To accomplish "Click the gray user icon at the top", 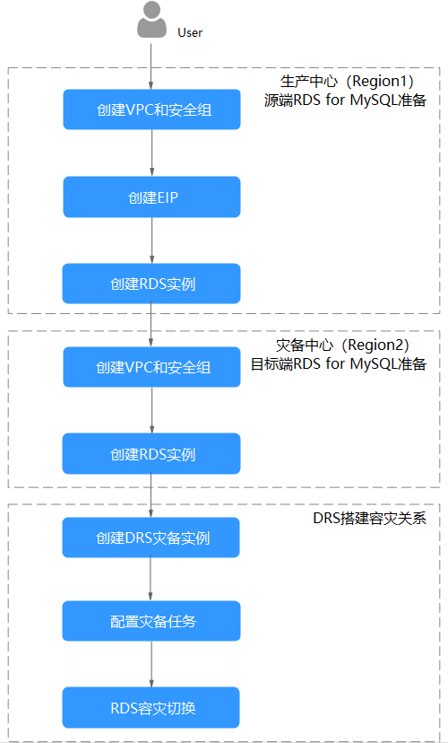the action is (x=151, y=20).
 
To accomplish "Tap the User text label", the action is (x=190, y=32).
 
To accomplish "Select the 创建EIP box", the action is (x=151, y=197).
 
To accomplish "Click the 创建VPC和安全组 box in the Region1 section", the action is (x=151, y=109).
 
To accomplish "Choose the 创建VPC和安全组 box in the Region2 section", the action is (x=151, y=367).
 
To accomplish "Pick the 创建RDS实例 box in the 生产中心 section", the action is (x=151, y=284).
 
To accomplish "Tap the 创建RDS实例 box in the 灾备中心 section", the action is (x=151, y=453).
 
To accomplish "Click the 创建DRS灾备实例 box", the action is (x=151, y=538).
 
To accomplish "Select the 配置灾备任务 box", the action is (x=151, y=621).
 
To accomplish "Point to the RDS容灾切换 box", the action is (x=151, y=707).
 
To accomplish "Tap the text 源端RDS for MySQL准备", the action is (x=345, y=101).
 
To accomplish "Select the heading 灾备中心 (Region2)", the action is (x=342, y=345).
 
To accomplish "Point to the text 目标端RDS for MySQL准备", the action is (x=339, y=364).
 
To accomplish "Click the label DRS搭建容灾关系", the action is (x=369, y=519).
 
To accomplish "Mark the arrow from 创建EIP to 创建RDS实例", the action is (x=151, y=240).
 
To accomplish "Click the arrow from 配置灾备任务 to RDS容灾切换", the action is (x=151, y=664).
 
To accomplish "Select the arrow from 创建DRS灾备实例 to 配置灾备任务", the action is (x=151, y=579).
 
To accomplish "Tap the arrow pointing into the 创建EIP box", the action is (x=151, y=153).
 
